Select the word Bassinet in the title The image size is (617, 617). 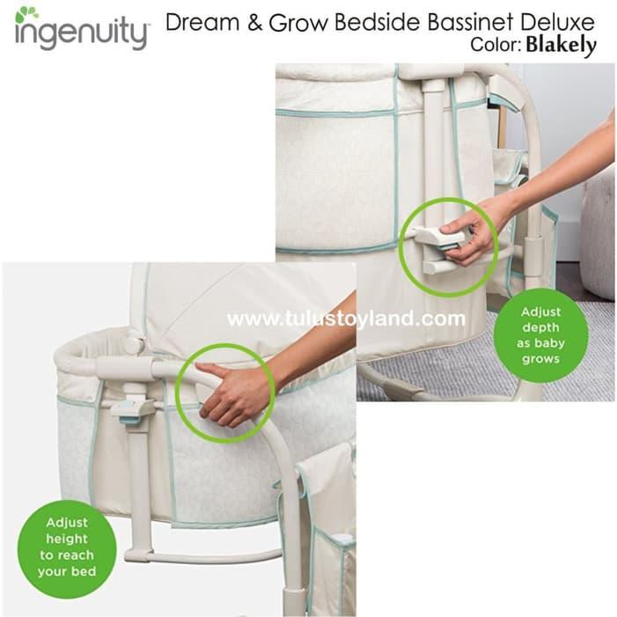[x=467, y=22]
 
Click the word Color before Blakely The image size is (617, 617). [x=496, y=46]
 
